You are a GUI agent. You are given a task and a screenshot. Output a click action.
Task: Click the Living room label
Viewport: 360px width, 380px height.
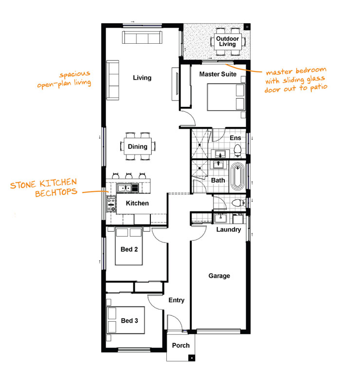(142, 78)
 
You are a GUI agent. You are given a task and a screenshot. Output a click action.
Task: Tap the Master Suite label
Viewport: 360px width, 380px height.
(217, 74)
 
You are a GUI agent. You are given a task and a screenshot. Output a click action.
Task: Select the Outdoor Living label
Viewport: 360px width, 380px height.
(227, 41)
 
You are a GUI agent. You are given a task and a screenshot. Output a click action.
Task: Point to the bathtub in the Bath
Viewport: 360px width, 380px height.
(238, 178)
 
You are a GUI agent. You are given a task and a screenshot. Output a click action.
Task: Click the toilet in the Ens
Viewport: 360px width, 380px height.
(237, 150)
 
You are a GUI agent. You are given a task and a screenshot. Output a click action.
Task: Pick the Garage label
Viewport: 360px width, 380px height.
(219, 276)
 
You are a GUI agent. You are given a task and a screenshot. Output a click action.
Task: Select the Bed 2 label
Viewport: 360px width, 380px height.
(129, 251)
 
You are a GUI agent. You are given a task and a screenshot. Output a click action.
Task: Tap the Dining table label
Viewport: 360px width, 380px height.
(138, 147)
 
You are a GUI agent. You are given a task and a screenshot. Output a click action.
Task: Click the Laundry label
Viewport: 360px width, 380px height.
(229, 229)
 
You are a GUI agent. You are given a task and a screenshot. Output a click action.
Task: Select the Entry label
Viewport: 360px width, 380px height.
(176, 300)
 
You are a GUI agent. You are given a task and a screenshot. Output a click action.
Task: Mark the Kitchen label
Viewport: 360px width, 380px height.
(137, 203)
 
